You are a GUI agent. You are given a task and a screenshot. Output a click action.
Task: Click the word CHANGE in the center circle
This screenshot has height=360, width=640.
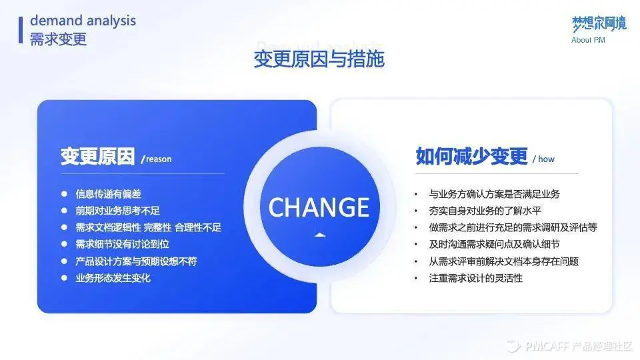click(319, 207)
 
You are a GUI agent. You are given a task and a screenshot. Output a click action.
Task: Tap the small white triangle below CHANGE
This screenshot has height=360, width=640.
click(319, 235)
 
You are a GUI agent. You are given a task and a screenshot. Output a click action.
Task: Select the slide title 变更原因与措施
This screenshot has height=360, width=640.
click(319, 59)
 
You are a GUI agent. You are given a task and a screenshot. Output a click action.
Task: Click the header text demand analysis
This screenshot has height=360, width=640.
click(83, 21)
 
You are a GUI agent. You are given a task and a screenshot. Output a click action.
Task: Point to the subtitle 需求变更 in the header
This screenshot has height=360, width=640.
click(58, 39)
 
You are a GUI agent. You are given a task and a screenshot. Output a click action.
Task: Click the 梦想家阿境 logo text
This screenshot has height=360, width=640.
click(599, 23)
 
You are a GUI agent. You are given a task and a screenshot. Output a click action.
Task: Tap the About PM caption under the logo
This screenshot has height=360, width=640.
click(588, 40)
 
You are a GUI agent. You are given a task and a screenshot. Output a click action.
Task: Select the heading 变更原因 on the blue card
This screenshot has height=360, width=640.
click(97, 157)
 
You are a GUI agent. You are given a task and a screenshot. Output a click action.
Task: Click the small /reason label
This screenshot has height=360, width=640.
click(157, 159)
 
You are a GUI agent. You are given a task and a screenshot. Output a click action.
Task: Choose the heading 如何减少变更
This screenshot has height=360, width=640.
click(471, 156)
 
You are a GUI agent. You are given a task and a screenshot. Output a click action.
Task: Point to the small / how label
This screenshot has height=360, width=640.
click(543, 159)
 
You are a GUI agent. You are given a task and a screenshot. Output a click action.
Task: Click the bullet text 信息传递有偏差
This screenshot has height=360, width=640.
click(108, 194)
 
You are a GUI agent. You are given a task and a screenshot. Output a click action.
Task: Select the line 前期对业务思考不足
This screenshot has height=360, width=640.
click(117, 211)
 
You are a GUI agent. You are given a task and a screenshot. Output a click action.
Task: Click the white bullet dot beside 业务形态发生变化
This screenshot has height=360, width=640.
click(65, 277)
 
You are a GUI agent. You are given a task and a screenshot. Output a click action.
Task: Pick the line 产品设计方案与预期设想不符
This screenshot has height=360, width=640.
click(136, 261)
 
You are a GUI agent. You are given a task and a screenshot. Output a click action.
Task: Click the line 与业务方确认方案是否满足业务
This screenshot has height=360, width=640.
click(494, 194)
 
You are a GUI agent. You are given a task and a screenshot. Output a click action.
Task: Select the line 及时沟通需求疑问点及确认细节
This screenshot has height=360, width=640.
click(503, 244)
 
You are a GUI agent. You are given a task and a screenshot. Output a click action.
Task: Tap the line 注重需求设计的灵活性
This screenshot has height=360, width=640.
click(475, 278)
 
